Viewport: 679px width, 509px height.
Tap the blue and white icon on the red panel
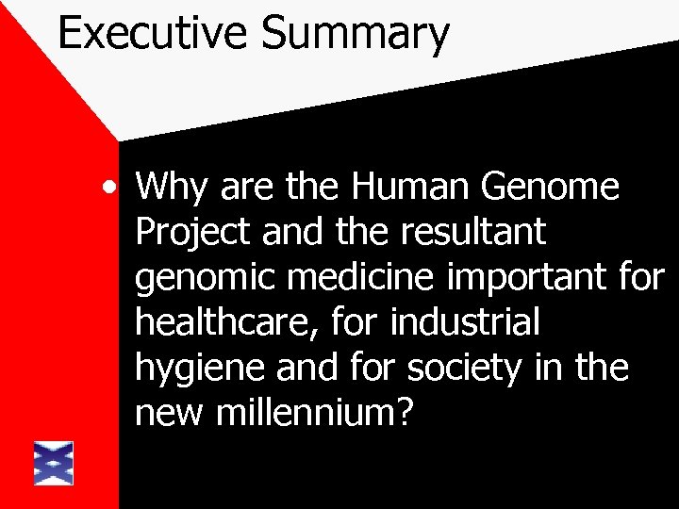click(54, 462)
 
